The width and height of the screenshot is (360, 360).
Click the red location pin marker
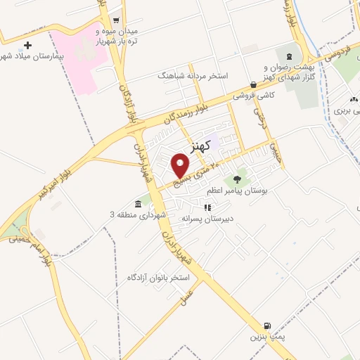(181, 166)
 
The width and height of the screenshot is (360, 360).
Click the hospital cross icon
(28, 45)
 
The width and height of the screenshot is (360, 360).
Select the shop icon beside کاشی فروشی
(253, 84)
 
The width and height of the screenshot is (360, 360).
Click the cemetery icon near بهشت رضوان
(288, 55)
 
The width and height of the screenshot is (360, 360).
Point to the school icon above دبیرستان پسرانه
(207, 207)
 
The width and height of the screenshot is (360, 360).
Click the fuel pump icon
(267, 326)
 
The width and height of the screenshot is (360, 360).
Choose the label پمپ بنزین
(266, 337)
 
